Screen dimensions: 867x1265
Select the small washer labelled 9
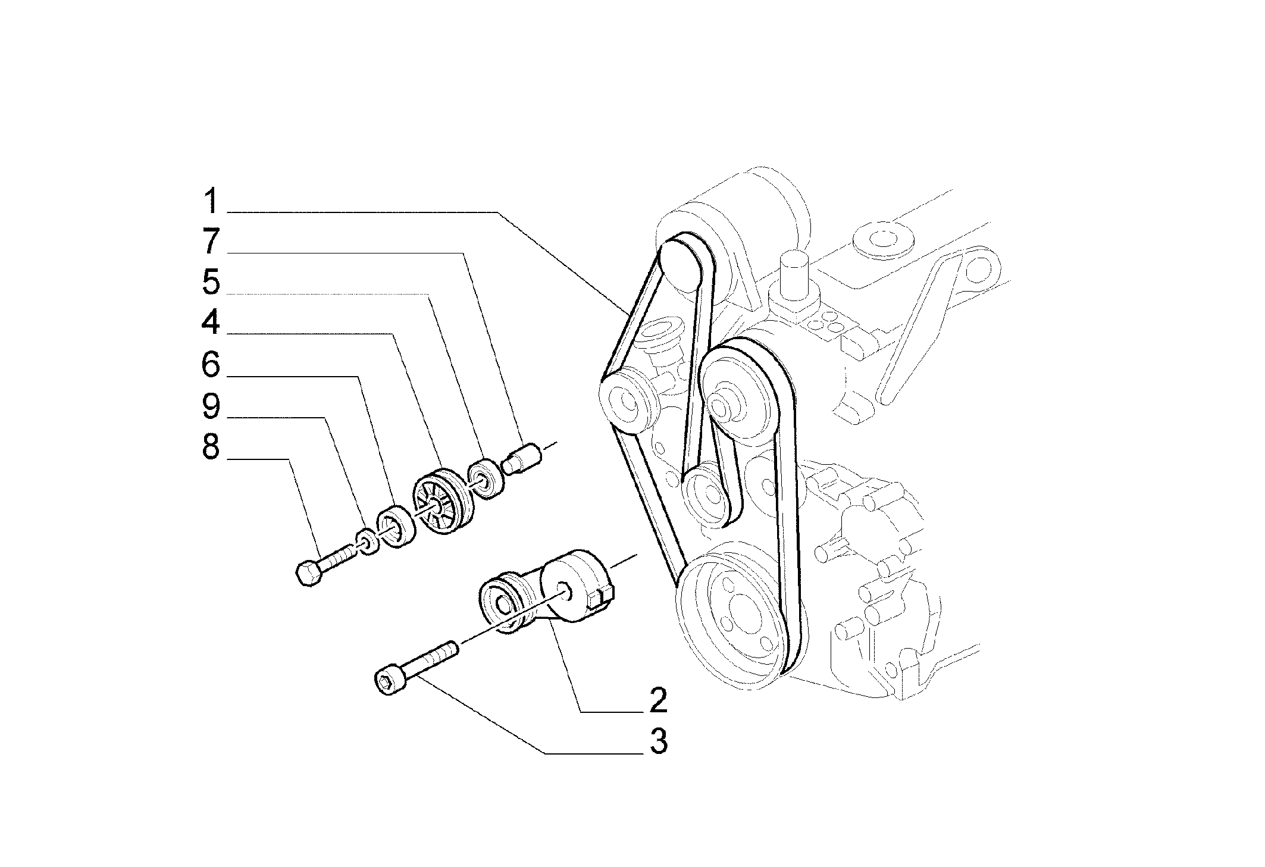[367, 540]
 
